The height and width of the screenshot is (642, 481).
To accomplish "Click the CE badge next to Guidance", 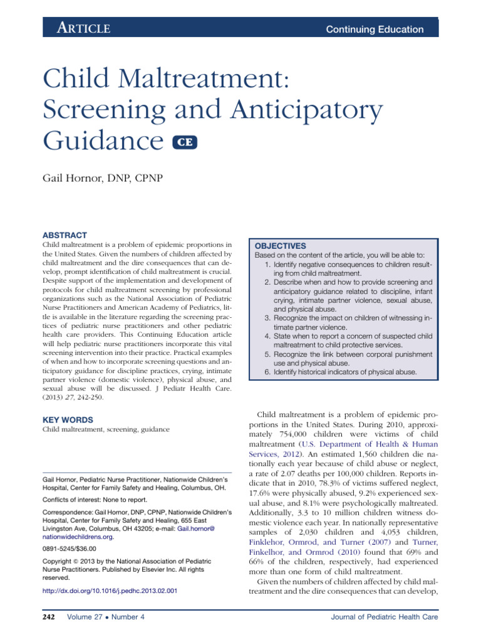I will coord(185,142).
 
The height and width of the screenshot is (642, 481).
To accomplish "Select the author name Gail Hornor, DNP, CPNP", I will coord(103,179).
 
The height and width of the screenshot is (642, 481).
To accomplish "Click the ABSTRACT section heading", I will coord(64,234).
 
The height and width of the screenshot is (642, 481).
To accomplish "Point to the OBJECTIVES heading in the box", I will coord(281,246).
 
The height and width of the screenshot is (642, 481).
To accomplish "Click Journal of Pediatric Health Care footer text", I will coord(385,618).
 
